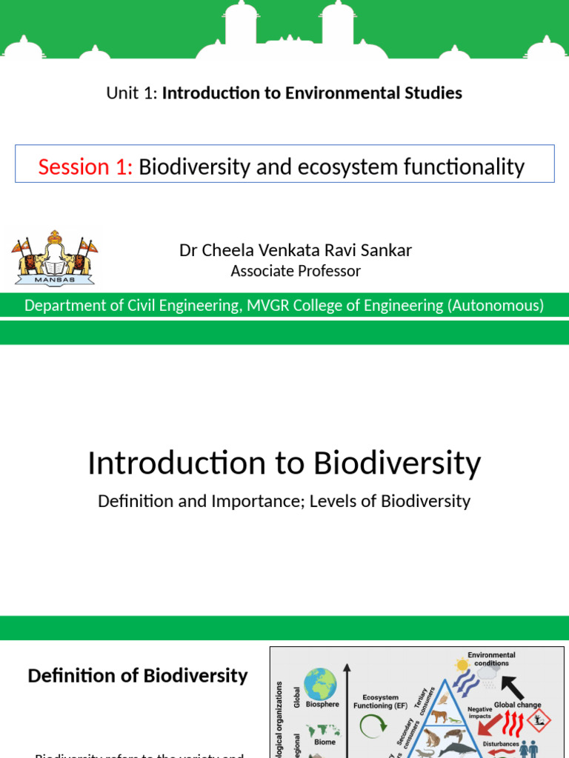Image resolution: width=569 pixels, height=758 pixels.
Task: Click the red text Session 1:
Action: (85, 167)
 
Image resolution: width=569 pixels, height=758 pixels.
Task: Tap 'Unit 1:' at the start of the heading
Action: (132, 93)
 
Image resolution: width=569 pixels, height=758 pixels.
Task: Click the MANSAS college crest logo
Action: (54, 258)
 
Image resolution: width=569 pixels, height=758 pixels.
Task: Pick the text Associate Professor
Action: (296, 272)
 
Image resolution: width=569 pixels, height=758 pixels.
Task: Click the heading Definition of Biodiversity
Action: (138, 676)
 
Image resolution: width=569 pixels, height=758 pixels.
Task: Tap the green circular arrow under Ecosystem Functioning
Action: (372, 727)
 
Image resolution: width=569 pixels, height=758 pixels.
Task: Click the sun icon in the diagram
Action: (463, 665)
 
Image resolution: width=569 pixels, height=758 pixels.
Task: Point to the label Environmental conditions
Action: (491, 659)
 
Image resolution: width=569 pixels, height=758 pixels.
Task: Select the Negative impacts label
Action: (479, 713)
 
